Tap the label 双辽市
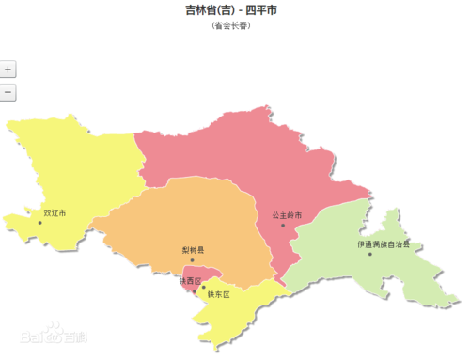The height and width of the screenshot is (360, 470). pyautogui.click(x=54, y=213)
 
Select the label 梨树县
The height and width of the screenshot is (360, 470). pyautogui.click(x=193, y=250)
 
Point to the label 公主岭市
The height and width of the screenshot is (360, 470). pyautogui.click(x=287, y=215)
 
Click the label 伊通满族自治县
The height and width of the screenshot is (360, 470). pyautogui.click(x=384, y=244)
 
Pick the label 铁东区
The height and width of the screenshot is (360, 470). pyautogui.click(x=218, y=293)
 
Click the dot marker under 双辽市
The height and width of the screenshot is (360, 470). pyautogui.click(x=39, y=222)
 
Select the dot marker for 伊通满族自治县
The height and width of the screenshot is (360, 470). pyautogui.click(x=370, y=254)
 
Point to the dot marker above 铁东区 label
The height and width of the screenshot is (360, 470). pyautogui.click(x=203, y=287)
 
